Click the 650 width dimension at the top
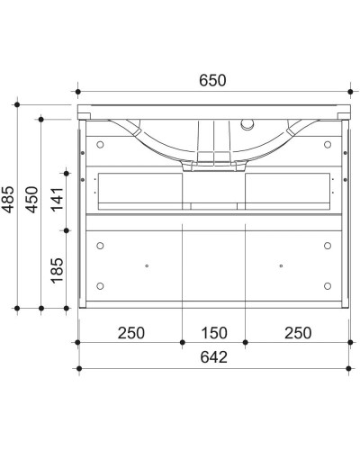click(x=213, y=80)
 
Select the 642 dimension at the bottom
click(x=213, y=357)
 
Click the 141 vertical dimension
click(x=56, y=194)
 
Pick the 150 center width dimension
click(x=212, y=332)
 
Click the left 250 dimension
click(x=131, y=332)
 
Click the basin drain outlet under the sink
click(x=212, y=165)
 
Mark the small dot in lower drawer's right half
click(x=281, y=265)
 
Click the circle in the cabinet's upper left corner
click(x=100, y=143)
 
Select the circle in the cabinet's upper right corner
click(x=327, y=143)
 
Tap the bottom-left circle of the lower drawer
click(x=100, y=286)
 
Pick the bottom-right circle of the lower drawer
click(x=327, y=286)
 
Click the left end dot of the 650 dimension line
click(x=79, y=92)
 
